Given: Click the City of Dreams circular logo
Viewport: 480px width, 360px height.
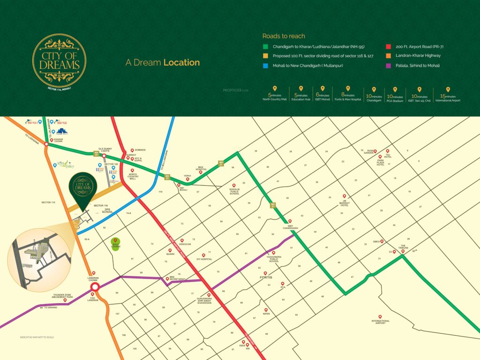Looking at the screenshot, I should [59, 60].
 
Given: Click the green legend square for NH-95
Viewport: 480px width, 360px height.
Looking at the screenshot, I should [265, 46].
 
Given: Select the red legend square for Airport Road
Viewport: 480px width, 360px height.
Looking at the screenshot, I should [389, 46].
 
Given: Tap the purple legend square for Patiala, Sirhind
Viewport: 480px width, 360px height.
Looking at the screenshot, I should [389, 65].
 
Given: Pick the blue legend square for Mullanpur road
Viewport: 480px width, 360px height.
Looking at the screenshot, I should [265, 65].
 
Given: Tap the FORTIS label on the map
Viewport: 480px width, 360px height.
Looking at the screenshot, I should [266, 277].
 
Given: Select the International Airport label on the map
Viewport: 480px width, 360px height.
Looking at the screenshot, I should [380, 322].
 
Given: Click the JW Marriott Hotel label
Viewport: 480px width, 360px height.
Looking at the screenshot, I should [345, 202].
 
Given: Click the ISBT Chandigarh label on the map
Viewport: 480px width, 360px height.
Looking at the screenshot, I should [290, 227].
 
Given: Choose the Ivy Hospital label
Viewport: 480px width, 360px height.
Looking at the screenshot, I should [205, 259].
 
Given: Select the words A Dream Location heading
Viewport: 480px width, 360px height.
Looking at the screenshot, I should [163, 62].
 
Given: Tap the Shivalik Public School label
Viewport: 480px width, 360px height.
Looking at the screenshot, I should [234, 191].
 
